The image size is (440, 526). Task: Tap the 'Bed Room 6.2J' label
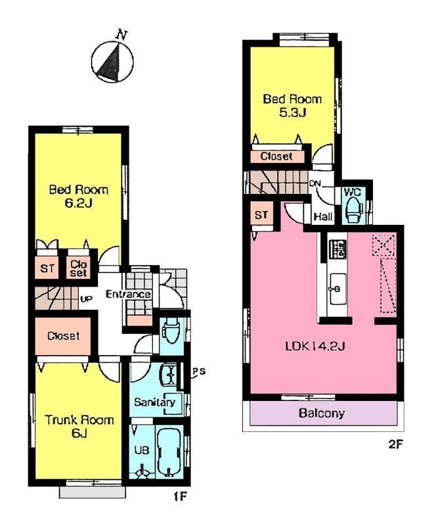pos(79,197)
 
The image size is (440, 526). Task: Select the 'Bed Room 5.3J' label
pos(292,105)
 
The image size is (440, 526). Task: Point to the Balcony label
pos(322,414)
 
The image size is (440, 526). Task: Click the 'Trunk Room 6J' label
pos(79,427)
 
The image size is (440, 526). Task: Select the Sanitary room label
pos(154,402)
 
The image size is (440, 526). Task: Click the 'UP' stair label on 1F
pos(85,299)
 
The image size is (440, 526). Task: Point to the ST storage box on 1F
pos(48,268)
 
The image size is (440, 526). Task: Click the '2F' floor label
pos(395,444)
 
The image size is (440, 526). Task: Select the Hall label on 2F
pos(322,216)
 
